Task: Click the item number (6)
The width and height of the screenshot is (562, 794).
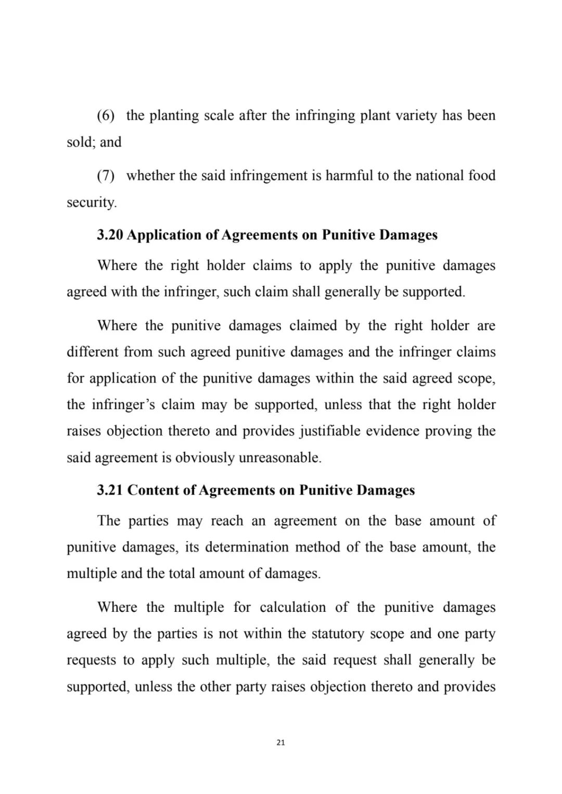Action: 106,116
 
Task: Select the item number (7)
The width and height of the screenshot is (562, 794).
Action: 106,176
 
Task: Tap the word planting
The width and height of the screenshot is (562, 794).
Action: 174,116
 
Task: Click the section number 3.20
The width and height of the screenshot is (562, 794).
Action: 110,235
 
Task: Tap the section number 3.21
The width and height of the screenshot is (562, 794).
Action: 110,491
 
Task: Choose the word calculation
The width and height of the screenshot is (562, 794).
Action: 292,608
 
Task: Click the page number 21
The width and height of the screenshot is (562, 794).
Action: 280,743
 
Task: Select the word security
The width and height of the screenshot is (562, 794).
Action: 92,202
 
